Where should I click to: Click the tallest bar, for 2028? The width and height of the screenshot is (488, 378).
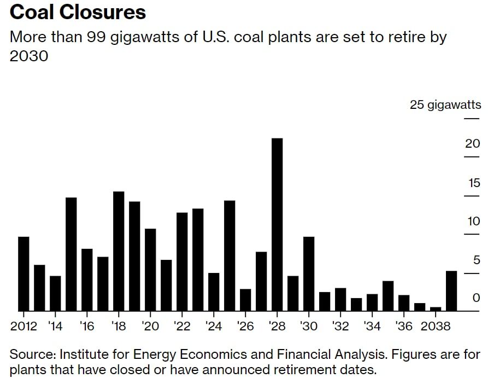[277, 224]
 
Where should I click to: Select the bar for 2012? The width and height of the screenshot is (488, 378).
[23, 274]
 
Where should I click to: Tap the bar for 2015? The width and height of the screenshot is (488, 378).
[71, 254]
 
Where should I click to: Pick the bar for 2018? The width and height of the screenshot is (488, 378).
[119, 251]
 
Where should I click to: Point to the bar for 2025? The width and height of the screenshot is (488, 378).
[230, 255]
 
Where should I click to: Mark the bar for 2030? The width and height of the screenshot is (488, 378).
[309, 274]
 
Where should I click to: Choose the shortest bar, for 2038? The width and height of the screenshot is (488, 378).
[436, 309]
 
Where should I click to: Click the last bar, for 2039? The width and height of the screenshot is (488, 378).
[451, 290]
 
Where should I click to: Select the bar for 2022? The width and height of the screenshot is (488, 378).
[182, 261]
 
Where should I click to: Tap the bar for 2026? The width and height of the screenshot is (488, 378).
[245, 300]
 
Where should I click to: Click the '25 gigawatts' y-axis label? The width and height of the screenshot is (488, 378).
[445, 105]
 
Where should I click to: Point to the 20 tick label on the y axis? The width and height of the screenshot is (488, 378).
[472, 144]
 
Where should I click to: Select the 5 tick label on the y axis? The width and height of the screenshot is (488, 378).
[475, 260]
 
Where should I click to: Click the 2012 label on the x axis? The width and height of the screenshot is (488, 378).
[23, 327]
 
